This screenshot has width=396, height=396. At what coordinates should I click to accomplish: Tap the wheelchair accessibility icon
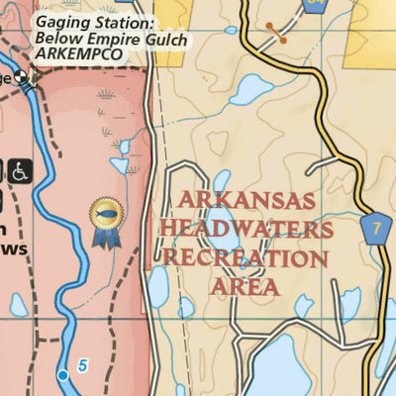pyautogui.click(x=21, y=170)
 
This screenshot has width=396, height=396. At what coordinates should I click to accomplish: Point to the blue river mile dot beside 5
pyautogui.click(x=63, y=375)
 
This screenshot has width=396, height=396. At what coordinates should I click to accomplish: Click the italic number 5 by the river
pyautogui.click(x=83, y=366)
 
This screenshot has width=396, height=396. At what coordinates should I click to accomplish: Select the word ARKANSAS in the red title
pyautogui.click(x=247, y=202)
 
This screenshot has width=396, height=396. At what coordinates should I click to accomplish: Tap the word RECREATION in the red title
pyautogui.click(x=247, y=259)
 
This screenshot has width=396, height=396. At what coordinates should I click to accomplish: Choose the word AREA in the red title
pyautogui.click(x=246, y=288)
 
